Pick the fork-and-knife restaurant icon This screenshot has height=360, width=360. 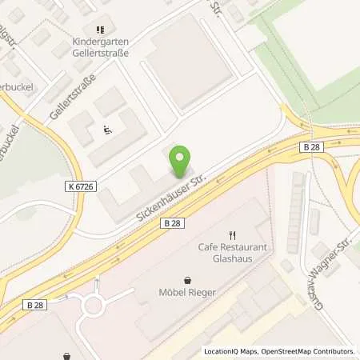(233, 235)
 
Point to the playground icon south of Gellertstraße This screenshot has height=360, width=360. (108, 128)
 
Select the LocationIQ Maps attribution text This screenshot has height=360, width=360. (230, 350)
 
